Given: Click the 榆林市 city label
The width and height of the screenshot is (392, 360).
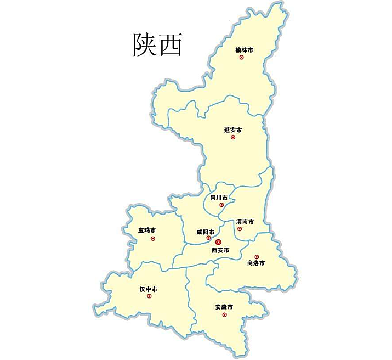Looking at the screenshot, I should click(x=244, y=50).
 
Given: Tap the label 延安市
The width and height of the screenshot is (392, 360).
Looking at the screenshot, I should click(x=233, y=130).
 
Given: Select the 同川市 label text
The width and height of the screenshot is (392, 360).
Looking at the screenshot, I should click(x=219, y=197).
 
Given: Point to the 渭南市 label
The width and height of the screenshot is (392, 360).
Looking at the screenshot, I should click(x=245, y=222).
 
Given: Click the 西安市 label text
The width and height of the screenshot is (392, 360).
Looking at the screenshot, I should click(x=220, y=250).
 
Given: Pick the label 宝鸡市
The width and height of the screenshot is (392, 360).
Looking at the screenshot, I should click(x=147, y=230).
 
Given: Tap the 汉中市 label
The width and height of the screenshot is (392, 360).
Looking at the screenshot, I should click(x=149, y=289).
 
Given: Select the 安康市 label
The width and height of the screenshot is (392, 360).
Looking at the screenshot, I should click(x=224, y=307).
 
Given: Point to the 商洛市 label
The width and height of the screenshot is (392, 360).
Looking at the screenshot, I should click(x=256, y=263).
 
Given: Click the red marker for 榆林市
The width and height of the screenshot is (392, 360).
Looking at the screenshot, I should click(x=241, y=57).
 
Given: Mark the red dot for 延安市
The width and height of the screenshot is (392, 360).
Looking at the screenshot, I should click(x=232, y=137).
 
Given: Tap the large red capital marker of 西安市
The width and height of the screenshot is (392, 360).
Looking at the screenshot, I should click(x=218, y=242).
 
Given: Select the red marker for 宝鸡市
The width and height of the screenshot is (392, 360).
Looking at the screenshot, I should click(x=153, y=238).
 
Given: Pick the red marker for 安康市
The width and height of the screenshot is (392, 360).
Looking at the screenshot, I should click(x=224, y=314).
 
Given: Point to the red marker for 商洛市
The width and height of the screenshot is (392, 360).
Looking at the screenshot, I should click(x=257, y=257).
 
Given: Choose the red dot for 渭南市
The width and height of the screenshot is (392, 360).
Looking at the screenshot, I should click(x=240, y=229).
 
